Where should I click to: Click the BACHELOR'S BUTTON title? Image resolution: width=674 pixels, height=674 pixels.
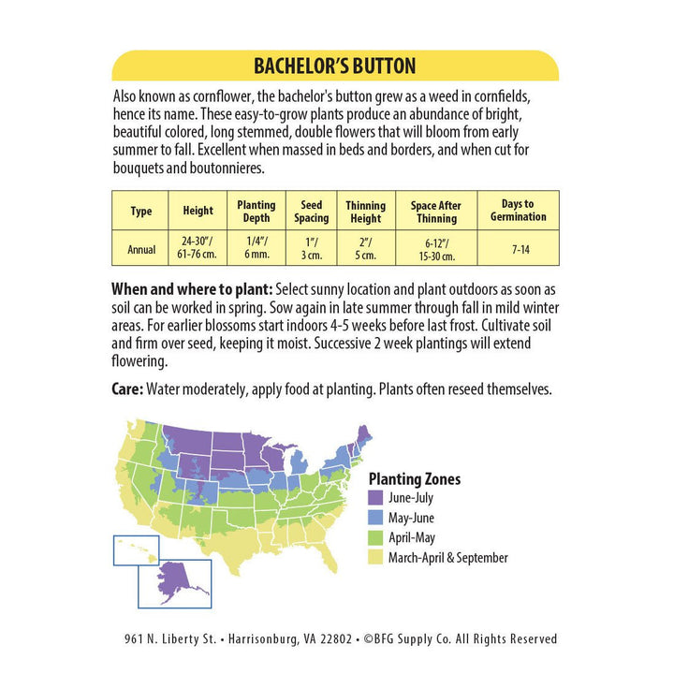335,66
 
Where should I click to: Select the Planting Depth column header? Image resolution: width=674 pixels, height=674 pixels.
256,212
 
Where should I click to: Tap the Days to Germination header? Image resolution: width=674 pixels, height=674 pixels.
518,211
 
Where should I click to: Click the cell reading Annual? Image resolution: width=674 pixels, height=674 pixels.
140,248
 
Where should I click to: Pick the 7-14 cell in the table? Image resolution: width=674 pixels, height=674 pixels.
518,248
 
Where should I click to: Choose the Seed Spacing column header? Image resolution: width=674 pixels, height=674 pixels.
311,212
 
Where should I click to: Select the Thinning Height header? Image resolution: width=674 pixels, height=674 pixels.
365,212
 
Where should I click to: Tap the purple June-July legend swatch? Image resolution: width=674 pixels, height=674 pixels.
376,498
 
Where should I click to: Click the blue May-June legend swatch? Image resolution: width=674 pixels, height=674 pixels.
376,518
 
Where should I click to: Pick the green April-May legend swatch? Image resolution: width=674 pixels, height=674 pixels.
376,537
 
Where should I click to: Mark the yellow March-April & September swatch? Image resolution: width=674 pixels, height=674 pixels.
376,557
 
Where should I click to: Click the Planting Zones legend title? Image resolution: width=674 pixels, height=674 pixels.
414,478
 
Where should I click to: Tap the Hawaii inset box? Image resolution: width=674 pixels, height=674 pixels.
137,549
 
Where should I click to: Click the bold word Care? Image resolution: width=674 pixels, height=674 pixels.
127,388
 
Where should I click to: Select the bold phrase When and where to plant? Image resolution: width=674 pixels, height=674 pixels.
192,287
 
